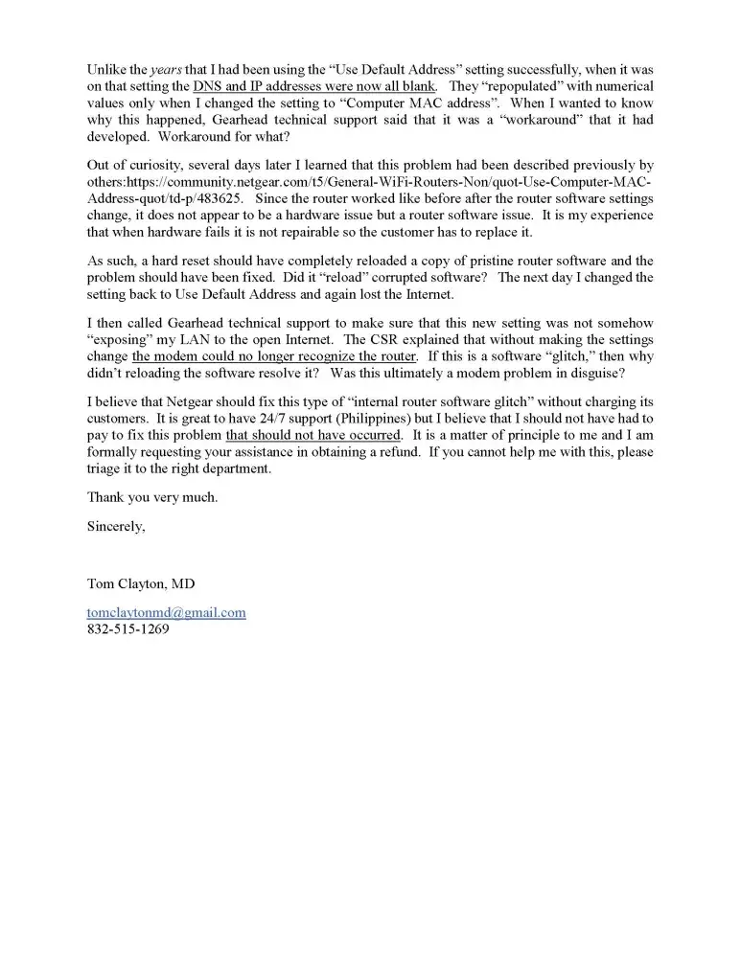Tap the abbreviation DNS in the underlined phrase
point(208,87)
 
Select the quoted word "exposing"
point(116,339)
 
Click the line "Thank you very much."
point(152,497)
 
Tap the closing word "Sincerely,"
point(116,525)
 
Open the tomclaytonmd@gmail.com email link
point(166,612)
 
